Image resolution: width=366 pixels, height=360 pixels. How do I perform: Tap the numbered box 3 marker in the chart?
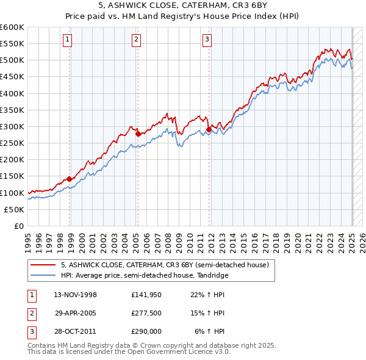coord(207,40)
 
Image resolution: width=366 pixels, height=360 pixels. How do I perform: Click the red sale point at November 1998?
coord(70,179)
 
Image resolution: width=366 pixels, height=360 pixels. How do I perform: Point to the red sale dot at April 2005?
coord(138,134)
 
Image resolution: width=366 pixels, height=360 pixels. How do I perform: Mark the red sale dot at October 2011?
coord(209,129)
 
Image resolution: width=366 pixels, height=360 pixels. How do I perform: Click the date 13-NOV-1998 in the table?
coord(76,295)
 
